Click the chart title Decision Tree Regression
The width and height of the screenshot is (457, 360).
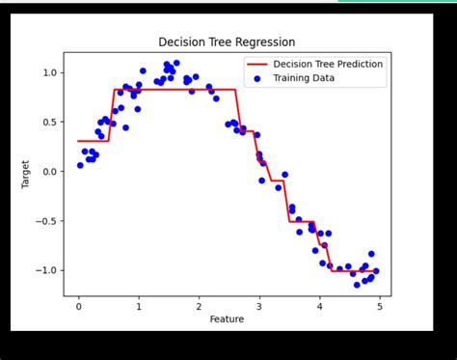228,42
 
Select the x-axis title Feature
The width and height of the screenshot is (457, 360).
228,318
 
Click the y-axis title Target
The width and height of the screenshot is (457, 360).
27,174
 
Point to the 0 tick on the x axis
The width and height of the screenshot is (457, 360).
79,305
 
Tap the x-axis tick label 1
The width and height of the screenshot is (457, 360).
139,305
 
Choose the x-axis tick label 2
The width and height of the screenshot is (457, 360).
199,305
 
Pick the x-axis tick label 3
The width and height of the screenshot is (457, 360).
258,305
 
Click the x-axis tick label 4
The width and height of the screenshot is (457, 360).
318,305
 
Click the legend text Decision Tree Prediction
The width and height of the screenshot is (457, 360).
328,65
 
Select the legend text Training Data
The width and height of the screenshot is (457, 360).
305,78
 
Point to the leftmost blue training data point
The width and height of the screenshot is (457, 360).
80,165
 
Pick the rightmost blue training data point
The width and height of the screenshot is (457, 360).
376,271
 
